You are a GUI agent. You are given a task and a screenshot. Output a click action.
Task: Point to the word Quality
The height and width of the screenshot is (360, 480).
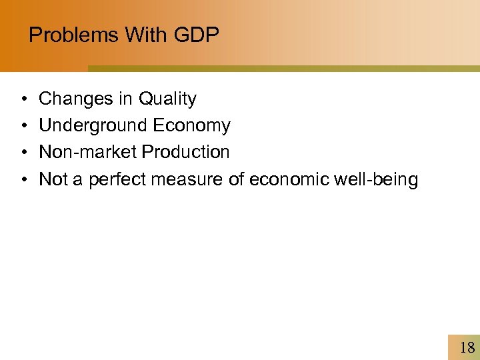(x=167, y=99)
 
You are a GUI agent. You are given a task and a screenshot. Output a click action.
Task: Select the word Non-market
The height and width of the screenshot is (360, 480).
(x=87, y=152)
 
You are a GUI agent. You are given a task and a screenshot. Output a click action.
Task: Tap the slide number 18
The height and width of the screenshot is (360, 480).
(x=467, y=347)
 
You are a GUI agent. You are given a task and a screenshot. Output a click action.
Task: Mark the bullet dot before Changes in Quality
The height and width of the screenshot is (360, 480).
(x=23, y=100)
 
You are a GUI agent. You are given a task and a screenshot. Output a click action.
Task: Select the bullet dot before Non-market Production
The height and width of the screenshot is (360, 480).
(x=23, y=153)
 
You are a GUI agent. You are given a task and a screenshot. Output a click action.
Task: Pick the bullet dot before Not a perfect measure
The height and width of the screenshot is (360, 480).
(x=23, y=179)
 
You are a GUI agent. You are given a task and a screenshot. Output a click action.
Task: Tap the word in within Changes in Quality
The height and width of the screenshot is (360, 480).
(x=125, y=99)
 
